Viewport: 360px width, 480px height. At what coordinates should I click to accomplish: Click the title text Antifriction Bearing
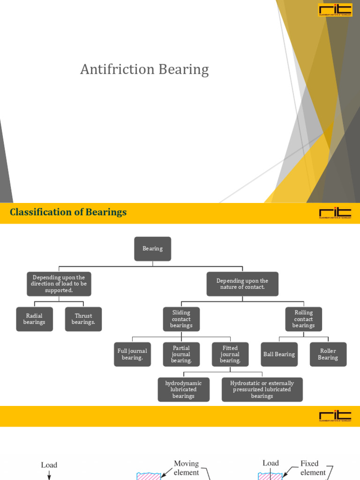point(144,69)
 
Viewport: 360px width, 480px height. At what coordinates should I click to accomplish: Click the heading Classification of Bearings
point(68,212)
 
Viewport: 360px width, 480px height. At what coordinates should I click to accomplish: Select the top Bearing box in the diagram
point(153,249)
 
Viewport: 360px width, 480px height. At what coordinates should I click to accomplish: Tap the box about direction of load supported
point(59,284)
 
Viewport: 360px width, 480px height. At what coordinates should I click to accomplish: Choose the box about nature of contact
point(242,284)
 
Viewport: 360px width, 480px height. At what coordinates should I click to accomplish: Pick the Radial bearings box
point(34,319)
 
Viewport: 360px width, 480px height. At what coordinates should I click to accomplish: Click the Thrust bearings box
point(83,319)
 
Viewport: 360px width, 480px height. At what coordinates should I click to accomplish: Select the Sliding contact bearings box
point(181,319)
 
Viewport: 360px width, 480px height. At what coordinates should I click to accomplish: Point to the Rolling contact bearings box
point(304,319)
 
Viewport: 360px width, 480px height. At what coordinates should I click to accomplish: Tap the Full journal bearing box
point(132,354)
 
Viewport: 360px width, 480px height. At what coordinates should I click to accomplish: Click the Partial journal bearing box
point(181,354)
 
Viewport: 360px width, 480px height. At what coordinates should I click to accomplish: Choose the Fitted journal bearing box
point(230,354)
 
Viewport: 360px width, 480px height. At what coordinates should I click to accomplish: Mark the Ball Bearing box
point(279,354)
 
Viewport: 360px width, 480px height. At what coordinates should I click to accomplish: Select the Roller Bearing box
point(328,354)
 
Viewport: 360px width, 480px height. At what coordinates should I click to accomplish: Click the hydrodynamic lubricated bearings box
point(183,390)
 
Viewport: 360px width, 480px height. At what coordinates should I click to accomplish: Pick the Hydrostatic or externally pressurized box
point(262,390)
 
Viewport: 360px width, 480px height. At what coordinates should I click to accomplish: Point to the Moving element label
point(187,468)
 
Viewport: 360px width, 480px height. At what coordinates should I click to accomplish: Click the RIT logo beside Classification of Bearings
point(335,213)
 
